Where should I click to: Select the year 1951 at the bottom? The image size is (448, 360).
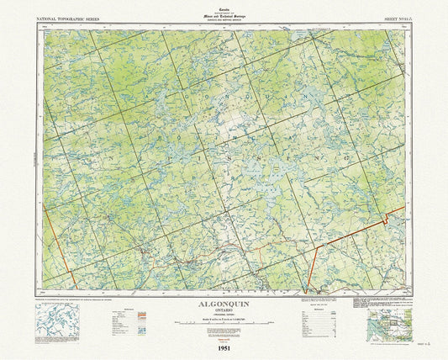tap(224, 347)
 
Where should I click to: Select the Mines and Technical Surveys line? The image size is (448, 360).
tap(224, 13)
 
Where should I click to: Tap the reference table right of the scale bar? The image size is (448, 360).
tap(316, 318)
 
